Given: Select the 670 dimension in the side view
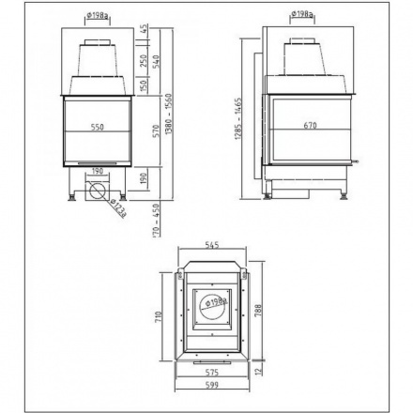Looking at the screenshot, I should [311, 125].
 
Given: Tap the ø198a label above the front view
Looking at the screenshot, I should [98, 13].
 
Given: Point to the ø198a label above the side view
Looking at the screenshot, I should [302, 13].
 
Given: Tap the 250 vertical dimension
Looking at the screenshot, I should [144, 60].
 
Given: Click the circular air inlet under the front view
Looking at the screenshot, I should [97, 194].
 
